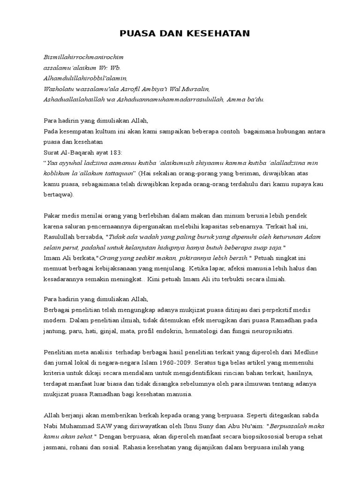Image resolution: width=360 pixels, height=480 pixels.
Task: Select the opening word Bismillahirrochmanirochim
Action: click(x=83, y=57)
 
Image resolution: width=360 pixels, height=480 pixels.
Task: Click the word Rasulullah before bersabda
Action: click(x=63, y=237)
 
